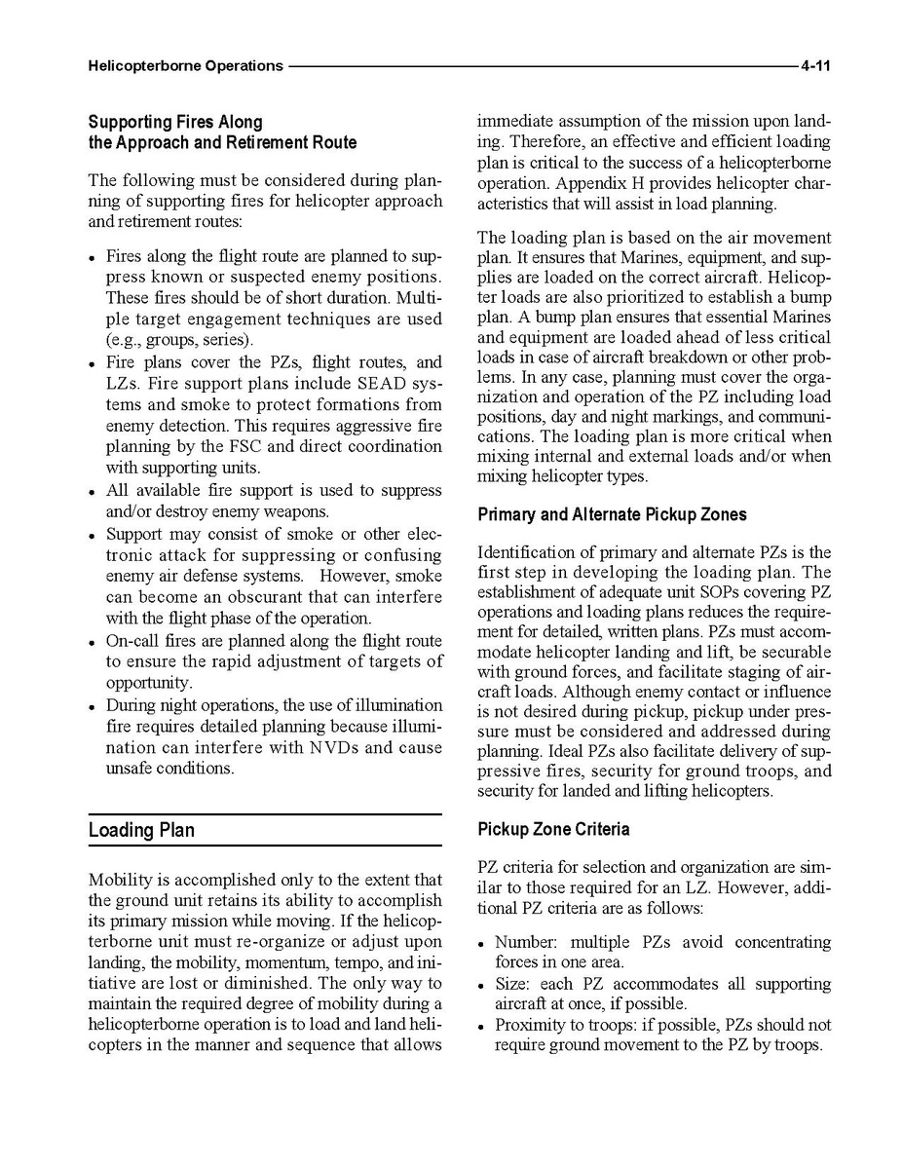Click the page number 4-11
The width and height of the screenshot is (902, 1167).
point(814,66)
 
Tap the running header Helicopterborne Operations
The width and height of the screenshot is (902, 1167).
point(185,66)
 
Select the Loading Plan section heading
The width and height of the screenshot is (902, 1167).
point(141,830)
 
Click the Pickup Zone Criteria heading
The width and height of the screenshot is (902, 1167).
point(553,829)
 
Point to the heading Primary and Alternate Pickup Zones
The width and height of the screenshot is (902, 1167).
point(612,514)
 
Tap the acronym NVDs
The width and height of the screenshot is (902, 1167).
point(338,747)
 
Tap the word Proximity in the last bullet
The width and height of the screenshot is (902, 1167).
point(529,1025)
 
